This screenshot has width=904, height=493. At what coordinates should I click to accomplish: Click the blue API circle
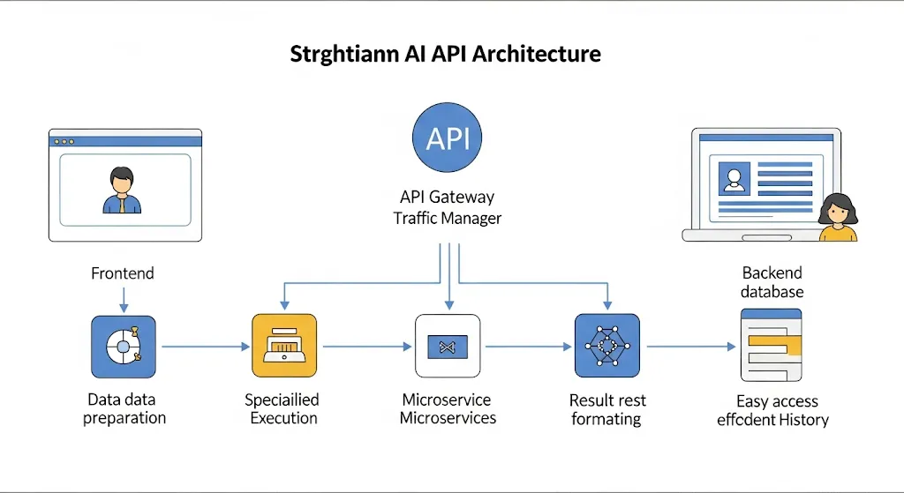[447, 138]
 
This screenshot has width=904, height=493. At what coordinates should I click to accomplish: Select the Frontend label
[122, 273]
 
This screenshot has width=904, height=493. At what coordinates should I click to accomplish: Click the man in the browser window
[122, 190]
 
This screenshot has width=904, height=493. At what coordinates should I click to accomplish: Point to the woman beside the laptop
[838, 217]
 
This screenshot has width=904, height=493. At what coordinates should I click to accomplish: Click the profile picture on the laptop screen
[734, 178]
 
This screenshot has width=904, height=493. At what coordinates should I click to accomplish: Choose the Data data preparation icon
[124, 347]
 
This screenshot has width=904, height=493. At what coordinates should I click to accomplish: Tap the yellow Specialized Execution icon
[284, 346]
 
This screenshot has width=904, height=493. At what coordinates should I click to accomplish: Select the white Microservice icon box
[448, 346]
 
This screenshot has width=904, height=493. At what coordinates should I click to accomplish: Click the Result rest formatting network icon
[607, 346]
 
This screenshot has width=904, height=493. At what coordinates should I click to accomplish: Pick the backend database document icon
[772, 345]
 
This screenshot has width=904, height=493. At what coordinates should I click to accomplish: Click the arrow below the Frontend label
[124, 300]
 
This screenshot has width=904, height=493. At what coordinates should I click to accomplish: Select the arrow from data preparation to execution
[205, 347]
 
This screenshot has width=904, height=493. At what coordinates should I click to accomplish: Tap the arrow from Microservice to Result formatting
[528, 347]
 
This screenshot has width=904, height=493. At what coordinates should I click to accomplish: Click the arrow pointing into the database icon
[691, 347]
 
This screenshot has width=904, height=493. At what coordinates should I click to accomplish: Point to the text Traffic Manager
[448, 219]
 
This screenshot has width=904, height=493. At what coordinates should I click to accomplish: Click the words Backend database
[772, 282]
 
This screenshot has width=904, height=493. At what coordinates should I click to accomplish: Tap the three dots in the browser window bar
[64, 142]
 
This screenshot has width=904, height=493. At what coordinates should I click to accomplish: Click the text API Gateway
[448, 197]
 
